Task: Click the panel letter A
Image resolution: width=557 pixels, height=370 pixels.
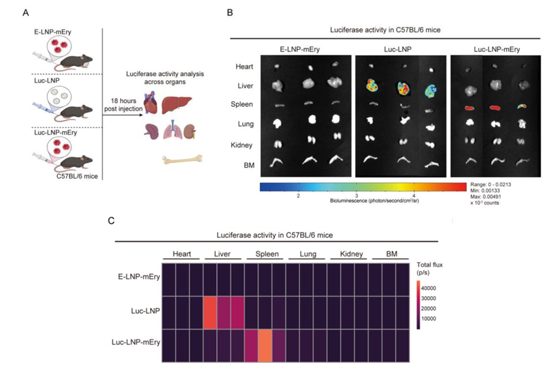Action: click(x=26, y=12)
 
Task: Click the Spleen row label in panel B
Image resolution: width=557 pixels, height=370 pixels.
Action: click(x=244, y=104)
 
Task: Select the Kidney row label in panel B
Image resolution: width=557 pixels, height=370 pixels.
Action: click(x=243, y=145)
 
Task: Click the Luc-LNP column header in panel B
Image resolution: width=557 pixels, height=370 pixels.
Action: click(x=400, y=49)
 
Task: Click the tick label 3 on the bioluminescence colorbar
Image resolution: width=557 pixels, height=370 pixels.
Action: click(x=356, y=195)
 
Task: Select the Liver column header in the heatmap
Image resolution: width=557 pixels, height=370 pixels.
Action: click(x=224, y=254)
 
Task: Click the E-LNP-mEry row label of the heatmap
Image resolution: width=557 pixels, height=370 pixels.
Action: click(x=138, y=278)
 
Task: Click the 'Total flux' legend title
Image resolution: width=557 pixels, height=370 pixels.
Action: click(x=428, y=268)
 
